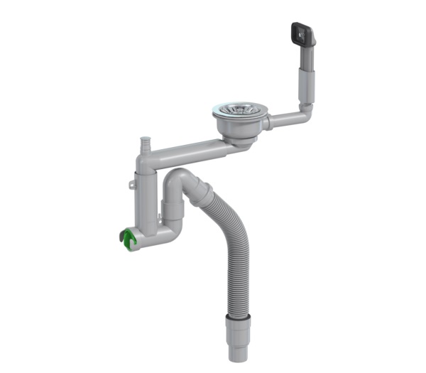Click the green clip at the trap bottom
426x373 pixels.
[128, 240]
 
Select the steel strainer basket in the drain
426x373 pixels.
[241, 110]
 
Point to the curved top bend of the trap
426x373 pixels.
[177, 175]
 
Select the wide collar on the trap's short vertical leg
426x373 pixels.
[173, 210]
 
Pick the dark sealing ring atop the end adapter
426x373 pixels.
[237, 315]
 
